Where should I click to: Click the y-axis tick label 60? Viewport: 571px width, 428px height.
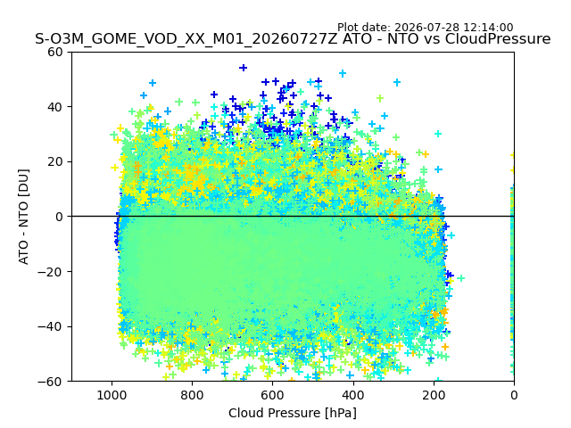point(54,52)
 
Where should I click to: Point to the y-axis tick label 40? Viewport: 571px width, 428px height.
point(54,107)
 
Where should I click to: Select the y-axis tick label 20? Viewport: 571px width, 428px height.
point(54,162)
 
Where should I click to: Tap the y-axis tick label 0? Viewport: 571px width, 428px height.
point(59,217)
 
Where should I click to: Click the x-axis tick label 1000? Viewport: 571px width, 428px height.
point(112,395)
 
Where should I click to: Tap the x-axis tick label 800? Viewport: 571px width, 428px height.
point(193,395)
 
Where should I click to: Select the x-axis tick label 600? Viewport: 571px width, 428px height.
point(273,395)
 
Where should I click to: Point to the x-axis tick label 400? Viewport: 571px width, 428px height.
point(353,395)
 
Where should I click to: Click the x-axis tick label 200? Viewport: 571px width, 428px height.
point(434,395)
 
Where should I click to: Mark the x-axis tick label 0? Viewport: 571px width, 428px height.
point(514,395)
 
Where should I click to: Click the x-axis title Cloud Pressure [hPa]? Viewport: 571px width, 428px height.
point(293,414)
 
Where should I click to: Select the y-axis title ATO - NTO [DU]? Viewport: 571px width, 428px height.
point(23,217)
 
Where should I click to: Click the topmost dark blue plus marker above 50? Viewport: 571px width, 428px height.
point(244,68)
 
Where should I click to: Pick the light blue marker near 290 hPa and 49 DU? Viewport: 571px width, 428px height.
point(397,83)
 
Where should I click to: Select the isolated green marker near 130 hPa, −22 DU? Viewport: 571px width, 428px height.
point(460,278)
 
